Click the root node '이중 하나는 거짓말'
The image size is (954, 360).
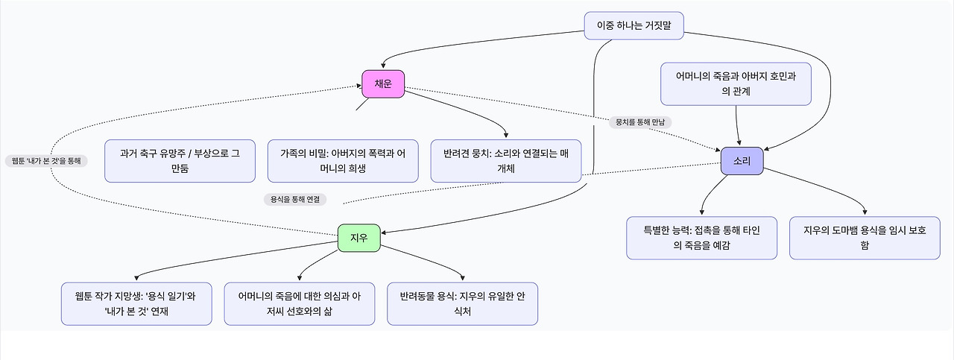634,25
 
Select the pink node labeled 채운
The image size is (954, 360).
383,84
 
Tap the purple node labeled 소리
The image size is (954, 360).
742,161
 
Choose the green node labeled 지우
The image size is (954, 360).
358,238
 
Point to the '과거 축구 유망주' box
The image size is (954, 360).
180,161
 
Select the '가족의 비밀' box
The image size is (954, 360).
343,161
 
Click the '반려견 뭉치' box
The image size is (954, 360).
506,161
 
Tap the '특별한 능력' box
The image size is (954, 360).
701,238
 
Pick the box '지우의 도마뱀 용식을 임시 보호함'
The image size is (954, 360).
865,238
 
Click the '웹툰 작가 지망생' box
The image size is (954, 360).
136,303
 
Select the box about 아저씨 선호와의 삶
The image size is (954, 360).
300,303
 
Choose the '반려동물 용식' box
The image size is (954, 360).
462,303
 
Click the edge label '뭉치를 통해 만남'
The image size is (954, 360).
641,121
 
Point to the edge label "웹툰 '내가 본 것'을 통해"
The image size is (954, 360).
46,160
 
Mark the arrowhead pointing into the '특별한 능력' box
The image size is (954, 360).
702,213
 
